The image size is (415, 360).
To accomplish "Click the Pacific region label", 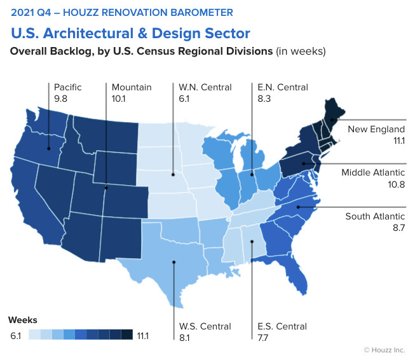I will (x=68, y=87).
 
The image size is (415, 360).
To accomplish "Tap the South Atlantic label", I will (x=375, y=216).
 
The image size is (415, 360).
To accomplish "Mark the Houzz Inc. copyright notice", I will (x=385, y=349).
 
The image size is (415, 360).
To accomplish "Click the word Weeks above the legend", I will (x=22, y=319).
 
